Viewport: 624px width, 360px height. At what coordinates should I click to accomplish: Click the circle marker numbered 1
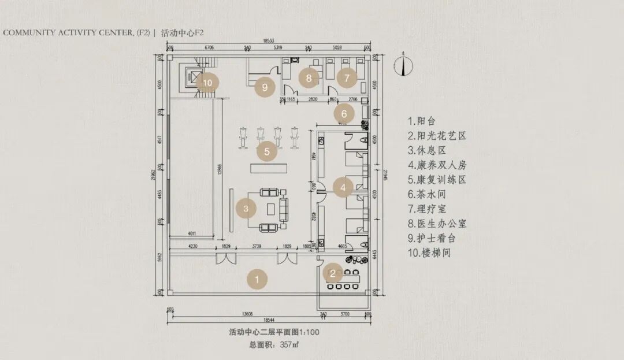pos(257,279)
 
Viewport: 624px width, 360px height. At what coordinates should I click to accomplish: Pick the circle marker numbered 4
pos(343,187)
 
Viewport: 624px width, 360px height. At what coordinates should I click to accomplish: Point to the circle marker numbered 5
pos(267,152)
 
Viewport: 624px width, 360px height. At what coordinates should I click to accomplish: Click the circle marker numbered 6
pos(344,113)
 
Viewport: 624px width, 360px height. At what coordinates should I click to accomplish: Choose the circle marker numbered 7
pos(347,77)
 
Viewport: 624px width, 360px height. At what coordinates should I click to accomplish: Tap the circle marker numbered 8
pos(309,77)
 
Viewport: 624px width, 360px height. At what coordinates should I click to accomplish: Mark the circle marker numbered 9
pos(265,88)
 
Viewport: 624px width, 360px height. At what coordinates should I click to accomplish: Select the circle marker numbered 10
pos(207,83)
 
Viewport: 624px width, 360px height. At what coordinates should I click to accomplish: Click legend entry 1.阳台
pos(421,121)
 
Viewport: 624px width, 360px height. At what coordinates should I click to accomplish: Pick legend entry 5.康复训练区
pos(436,180)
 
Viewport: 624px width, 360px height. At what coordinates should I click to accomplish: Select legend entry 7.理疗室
pos(426,209)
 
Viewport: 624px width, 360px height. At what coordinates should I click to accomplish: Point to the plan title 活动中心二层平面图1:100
pos(274,332)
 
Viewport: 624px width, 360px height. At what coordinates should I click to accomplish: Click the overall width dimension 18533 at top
pos(268,41)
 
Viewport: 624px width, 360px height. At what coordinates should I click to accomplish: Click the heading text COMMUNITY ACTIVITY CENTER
pos(76,32)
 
